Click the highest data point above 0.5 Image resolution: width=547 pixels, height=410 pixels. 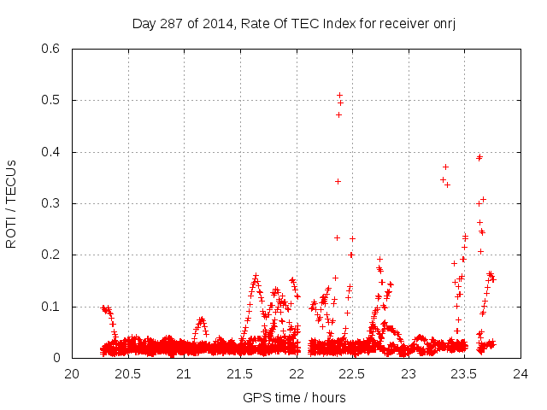[x=339, y=95]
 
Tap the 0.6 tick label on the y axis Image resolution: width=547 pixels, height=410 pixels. [x=52, y=49]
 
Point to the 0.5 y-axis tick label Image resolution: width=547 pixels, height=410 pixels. [x=52, y=101]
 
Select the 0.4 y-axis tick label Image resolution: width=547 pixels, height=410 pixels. [x=52, y=152]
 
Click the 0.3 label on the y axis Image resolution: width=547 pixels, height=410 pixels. [x=52, y=203]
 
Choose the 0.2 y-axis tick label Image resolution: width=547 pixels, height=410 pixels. [x=52, y=255]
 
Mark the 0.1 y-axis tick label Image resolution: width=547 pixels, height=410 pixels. [x=52, y=307]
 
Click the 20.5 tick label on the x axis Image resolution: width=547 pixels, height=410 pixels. [x=128, y=373]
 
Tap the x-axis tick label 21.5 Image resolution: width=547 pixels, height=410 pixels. [x=240, y=373]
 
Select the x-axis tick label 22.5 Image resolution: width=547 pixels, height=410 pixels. [x=352, y=373]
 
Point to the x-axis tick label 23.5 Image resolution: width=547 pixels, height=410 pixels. [x=464, y=373]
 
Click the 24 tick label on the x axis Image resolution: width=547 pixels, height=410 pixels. [x=521, y=373]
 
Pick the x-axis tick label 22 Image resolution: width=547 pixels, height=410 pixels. [x=297, y=373]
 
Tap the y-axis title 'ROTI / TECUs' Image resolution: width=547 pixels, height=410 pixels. [x=11, y=203]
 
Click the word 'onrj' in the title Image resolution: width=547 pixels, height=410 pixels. [x=443, y=23]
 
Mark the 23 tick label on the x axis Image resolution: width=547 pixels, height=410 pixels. [x=409, y=373]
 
